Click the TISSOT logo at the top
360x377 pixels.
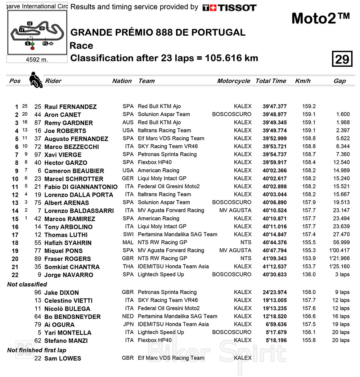229,7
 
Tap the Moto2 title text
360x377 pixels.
320,18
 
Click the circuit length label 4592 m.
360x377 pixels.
37,59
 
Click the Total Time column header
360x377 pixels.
271,81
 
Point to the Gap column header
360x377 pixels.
339,81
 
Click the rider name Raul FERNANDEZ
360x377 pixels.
70,107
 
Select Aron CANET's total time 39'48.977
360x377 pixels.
275,114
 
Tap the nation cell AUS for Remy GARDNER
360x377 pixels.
128,123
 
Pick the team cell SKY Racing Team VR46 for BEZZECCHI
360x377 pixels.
168,146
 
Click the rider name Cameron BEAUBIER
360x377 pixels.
74,171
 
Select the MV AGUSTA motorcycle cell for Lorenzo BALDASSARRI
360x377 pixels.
235,210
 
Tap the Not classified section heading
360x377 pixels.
27,284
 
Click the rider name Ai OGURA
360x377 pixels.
59,325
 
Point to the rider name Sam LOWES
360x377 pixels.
63,358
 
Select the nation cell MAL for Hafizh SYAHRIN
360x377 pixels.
128,243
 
